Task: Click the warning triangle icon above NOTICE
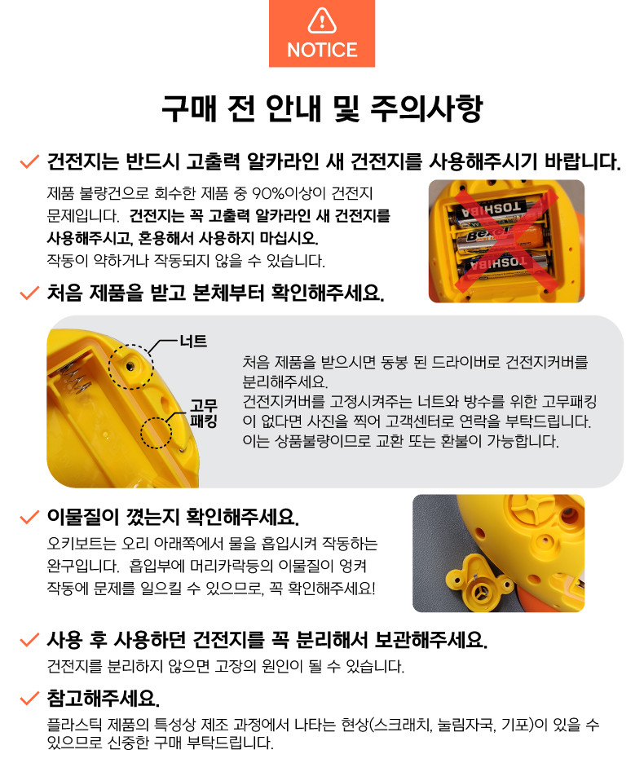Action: [x=322, y=20]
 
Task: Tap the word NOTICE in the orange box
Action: [x=322, y=51]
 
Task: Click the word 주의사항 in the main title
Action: [x=426, y=108]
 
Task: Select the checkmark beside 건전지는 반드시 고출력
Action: [x=29, y=161]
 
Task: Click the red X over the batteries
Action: [x=505, y=240]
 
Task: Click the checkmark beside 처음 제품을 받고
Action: [x=29, y=293]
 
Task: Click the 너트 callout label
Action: [x=193, y=342]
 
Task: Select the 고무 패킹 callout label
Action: [x=203, y=413]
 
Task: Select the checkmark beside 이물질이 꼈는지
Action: [x=29, y=518]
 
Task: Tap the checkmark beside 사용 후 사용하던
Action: [x=29, y=641]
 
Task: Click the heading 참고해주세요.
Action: [x=104, y=698]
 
